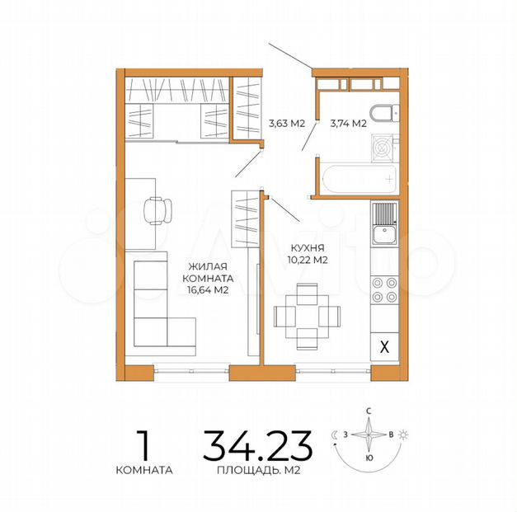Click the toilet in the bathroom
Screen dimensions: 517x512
(x=384, y=113)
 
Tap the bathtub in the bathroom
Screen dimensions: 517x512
(x=359, y=179)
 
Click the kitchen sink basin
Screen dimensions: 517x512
(x=384, y=234)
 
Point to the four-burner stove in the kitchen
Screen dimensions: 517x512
(x=384, y=290)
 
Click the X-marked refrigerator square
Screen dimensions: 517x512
(x=384, y=346)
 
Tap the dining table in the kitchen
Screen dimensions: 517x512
(x=307, y=316)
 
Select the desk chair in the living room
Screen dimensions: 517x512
(x=158, y=211)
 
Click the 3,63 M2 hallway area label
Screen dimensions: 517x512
(x=287, y=124)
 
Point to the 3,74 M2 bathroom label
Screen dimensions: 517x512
(x=349, y=124)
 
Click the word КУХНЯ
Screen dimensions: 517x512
(x=308, y=247)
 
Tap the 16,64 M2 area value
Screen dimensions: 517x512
(x=208, y=290)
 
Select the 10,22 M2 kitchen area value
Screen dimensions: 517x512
(x=308, y=260)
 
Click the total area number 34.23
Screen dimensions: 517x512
(x=257, y=445)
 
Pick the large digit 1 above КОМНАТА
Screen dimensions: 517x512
(x=143, y=445)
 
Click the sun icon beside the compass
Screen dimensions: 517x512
(x=403, y=434)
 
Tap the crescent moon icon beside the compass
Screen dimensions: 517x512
(x=334, y=435)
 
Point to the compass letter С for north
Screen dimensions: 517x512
(x=369, y=411)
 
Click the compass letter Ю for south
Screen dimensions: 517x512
(x=369, y=458)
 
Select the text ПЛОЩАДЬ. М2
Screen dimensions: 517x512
(x=259, y=470)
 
